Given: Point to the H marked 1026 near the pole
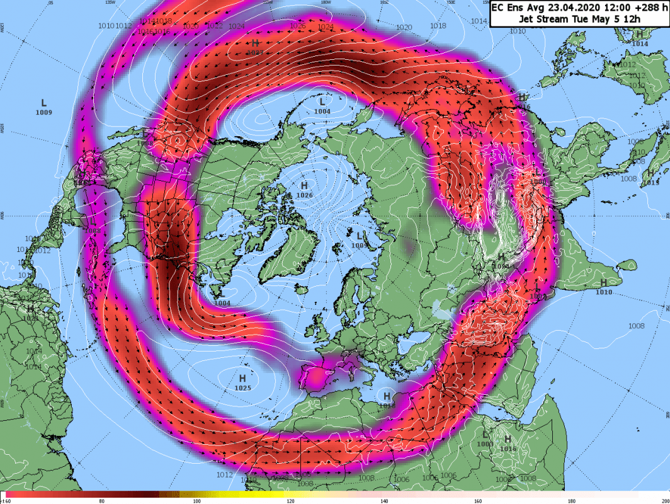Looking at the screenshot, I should click(304, 186).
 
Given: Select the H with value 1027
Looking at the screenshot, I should click(255, 43).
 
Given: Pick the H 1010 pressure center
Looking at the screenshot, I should click(603, 283).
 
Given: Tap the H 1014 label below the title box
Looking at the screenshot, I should click(639, 35).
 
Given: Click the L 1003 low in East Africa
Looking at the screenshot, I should click(485, 436).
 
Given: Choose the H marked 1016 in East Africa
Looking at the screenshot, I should click(508, 439).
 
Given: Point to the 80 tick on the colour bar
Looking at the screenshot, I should click(102, 500).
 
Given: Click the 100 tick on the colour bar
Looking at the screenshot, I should click(196, 500).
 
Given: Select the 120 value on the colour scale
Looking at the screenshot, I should click(290, 500).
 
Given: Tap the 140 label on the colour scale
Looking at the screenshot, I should click(385, 500).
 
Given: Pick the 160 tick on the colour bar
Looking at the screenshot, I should click(479, 500).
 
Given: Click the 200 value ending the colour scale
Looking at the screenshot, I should click(665, 500).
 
